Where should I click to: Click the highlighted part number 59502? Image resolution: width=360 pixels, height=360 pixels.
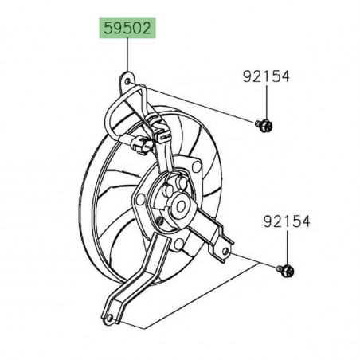tap(127, 30)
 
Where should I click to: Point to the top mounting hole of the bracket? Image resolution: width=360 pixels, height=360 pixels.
tap(125, 80)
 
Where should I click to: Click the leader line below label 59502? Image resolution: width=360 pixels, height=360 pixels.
tap(127, 56)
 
